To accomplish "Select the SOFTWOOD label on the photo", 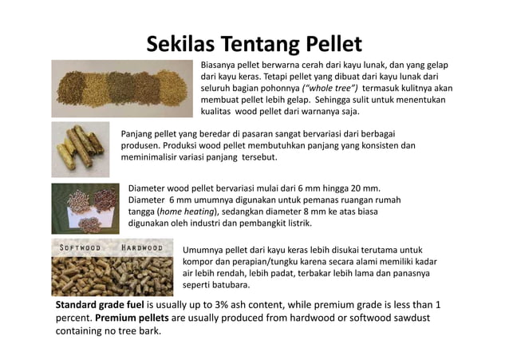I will (x=78, y=247).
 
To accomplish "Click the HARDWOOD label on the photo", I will (x=142, y=247).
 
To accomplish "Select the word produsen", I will (x=140, y=146).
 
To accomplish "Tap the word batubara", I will (x=233, y=284).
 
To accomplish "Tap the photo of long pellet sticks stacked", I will (x=81, y=144).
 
